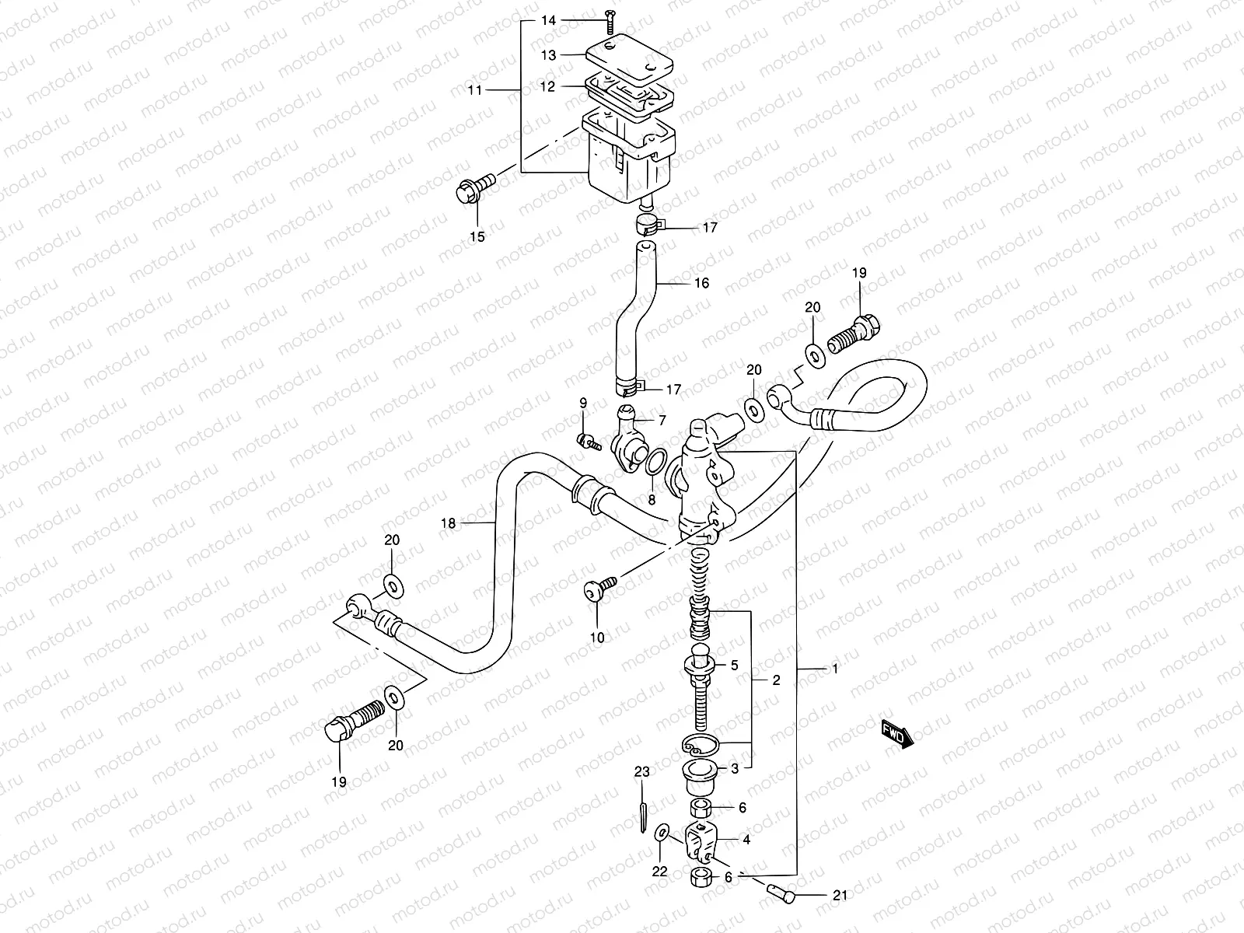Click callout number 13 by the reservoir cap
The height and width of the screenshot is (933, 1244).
[x=549, y=55]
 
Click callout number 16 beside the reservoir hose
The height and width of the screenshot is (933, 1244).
[x=701, y=283]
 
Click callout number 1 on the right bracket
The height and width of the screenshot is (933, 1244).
[x=835, y=669]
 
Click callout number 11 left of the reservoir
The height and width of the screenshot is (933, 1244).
[x=475, y=90]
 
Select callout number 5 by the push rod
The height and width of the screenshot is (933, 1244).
[x=733, y=666]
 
